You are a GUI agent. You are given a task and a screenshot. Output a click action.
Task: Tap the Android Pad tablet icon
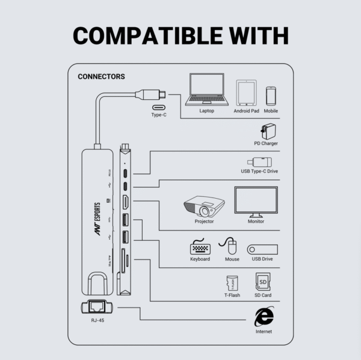(246, 93)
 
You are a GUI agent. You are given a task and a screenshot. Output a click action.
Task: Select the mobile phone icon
(271, 96)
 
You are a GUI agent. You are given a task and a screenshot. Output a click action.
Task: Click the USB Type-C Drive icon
(260, 162)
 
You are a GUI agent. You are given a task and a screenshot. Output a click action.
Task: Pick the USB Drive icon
(262, 249)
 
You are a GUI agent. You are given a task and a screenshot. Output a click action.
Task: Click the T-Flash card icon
(232, 283)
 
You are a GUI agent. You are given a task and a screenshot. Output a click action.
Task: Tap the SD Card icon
(262, 282)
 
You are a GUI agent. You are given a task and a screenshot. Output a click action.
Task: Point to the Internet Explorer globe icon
(263, 317)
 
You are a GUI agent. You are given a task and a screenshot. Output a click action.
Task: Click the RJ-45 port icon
(93, 308)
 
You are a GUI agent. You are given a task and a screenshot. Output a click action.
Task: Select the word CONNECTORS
(101, 77)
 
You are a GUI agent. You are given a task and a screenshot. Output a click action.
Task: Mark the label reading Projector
(204, 222)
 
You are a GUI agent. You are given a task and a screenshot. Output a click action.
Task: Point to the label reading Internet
(263, 332)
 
